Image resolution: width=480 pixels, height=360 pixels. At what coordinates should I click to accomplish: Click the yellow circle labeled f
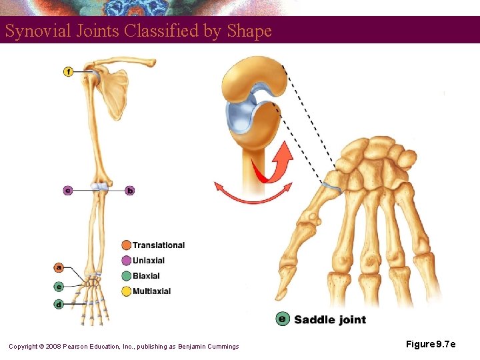tap(68, 71)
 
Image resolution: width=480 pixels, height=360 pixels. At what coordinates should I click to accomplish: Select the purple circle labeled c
tap(68, 191)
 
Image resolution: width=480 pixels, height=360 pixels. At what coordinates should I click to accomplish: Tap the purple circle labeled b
tap(130, 191)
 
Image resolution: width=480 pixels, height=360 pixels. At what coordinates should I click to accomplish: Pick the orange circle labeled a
tap(59, 267)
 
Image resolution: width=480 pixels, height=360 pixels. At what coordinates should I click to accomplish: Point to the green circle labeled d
tap(59, 304)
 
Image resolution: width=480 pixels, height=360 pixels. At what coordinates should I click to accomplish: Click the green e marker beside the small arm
tap(59, 287)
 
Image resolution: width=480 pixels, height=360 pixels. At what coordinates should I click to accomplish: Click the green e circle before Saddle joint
tap(283, 319)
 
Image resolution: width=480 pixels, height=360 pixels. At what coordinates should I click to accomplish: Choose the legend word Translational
tap(159, 245)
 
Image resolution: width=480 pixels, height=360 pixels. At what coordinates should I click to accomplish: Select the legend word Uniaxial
tap(149, 261)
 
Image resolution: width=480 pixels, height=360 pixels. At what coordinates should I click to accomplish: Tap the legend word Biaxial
tap(146, 276)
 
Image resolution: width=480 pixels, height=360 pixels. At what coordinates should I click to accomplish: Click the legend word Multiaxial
tap(151, 291)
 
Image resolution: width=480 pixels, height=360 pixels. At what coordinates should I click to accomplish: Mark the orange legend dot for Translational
tap(126, 245)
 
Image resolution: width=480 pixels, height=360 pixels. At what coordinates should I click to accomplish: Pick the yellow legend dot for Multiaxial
tap(126, 291)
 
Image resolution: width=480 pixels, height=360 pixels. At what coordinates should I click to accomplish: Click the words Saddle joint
tap(330, 320)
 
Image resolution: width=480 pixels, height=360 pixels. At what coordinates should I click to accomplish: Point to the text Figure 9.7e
tap(431, 345)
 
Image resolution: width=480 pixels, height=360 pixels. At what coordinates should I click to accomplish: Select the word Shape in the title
tap(249, 31)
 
